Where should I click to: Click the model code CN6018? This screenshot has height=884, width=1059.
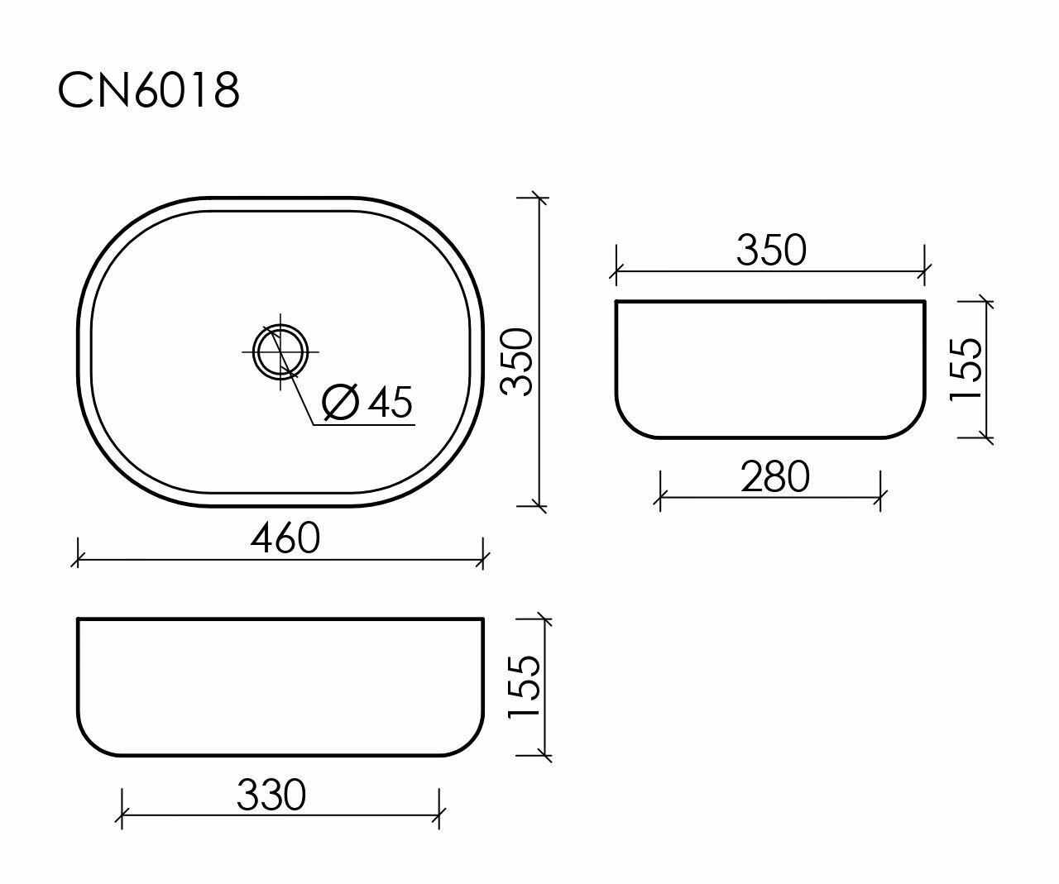(x=148, y=90)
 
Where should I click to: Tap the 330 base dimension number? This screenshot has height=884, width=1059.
(x=271, y=795)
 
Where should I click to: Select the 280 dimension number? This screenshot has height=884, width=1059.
(x=775, y=476)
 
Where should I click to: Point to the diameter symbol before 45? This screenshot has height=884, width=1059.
(x=341, y=402)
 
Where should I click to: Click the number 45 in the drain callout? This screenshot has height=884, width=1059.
(x=390, y=402)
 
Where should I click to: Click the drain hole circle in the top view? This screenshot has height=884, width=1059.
(x=280, y=351)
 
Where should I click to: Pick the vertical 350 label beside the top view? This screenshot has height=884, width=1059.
(x=516, y=362)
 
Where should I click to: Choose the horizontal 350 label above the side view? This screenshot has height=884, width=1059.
(x=771, y=250)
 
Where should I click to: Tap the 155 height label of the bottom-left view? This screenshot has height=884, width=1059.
(x=524, y=687)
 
